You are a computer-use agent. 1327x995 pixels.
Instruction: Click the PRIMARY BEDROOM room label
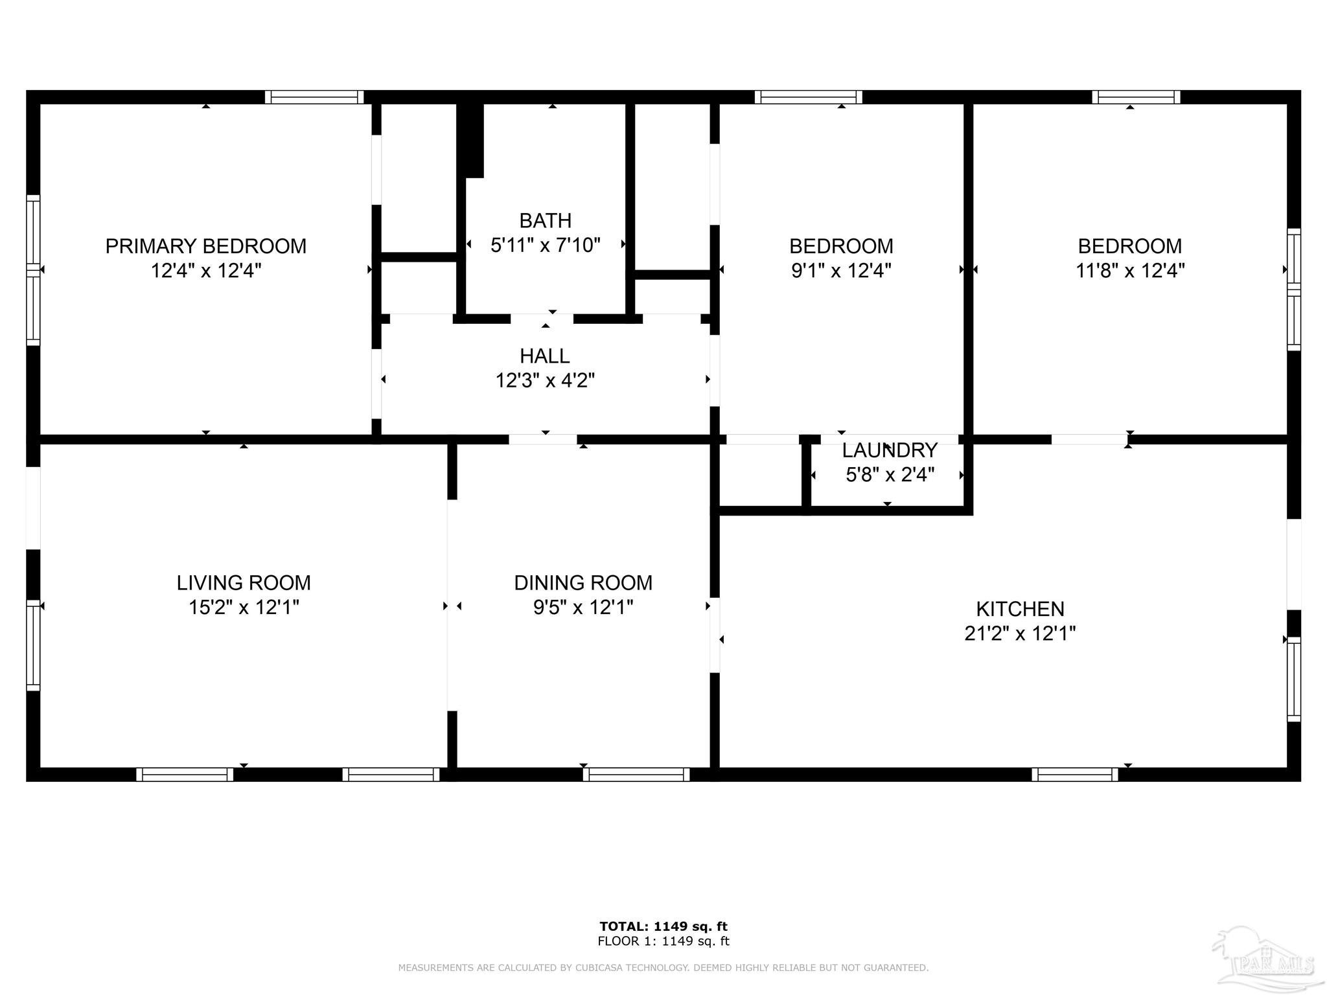click(205, 246)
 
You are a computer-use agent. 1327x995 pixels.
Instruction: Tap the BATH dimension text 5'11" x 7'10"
click(546, 246)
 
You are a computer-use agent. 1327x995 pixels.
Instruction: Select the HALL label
click(545, 356)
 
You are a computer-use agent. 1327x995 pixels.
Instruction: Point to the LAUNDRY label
click(890, 450)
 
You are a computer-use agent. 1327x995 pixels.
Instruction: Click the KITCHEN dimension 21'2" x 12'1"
click(1020, 633)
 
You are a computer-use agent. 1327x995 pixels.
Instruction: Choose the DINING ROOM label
click(583, 582)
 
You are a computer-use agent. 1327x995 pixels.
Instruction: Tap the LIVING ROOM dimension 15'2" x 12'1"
click(244, 607)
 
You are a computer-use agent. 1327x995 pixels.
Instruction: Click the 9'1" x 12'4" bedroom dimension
click(841, 270)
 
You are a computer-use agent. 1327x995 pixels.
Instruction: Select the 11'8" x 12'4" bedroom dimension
click(1130, 270)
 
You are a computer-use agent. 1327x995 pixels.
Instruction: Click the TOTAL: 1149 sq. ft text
click(663, 926)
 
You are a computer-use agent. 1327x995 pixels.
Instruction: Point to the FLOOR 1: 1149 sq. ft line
click(663, 941)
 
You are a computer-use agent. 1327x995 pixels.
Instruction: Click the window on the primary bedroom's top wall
click(314, 97)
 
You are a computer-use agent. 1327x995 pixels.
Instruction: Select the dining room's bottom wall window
click(636, 774)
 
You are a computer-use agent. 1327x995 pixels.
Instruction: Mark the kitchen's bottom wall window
click(1075, 774)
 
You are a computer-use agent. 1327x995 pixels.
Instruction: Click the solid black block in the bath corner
click(472, 139)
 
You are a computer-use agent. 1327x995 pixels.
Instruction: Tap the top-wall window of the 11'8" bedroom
click(1136, 97)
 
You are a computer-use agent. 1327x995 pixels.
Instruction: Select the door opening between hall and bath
click(542, 319)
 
